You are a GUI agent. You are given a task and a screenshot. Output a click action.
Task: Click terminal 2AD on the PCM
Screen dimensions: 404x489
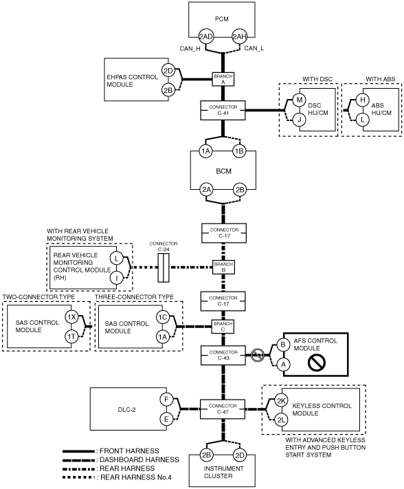click(x=206, y=37)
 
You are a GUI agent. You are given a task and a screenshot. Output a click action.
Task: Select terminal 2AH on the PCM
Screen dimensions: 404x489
click(x=240, y=37)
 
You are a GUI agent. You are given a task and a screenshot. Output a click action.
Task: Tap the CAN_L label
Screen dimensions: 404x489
click(x=254, y=48)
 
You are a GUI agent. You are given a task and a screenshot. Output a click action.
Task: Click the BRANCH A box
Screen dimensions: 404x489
click(x=223, y=79)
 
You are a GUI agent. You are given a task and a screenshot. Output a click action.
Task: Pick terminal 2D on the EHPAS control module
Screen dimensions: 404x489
click(x=168, y=71)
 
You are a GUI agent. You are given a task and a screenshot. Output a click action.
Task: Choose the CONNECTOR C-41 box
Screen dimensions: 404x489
click(x=223, y=111)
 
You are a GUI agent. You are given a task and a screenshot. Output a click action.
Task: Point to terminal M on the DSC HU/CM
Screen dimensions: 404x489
click(x=300, y=100)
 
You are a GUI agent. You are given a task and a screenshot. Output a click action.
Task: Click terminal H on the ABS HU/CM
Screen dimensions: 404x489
click(x=363, y=100)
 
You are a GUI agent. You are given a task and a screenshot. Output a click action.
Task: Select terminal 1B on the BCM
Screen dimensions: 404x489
click(x=239, y=151)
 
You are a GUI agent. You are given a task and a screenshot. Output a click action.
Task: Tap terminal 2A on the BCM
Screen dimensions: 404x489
click(x=206, y=190)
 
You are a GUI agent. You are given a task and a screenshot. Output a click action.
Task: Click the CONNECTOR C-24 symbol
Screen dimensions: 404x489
click(x=164, y=268)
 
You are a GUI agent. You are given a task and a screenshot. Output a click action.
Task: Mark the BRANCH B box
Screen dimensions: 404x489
click(x=223, y=268)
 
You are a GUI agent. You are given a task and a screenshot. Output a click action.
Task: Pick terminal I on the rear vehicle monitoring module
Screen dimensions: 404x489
click(x=117, y=278)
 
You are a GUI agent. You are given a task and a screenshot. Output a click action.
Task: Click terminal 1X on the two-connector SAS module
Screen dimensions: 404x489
click(x=71, y=317)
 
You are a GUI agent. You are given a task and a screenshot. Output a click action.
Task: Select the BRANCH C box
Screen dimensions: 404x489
click(x=223, y=327)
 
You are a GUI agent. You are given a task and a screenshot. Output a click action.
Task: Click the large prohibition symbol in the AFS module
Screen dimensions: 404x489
click(x=317, y=362)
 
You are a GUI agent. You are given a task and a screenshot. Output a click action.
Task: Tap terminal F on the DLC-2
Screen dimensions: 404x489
click(x=166, y=400)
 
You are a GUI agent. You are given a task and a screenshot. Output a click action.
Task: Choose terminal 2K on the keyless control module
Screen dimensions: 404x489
click(x=281, y=401)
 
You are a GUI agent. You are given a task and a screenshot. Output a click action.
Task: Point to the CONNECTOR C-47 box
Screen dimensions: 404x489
click(x=223, y=409)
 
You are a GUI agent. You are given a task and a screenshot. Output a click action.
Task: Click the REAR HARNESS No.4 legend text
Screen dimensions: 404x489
click(x=136, y=477)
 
